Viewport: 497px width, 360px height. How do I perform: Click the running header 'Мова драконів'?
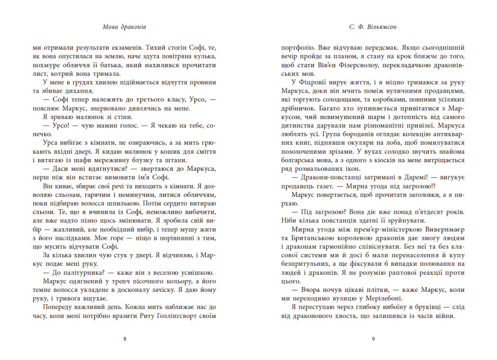click(x=124, y=27)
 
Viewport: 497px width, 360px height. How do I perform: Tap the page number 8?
click(x=124, y=339)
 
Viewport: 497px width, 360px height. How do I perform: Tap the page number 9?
click(x=373, y=339)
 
